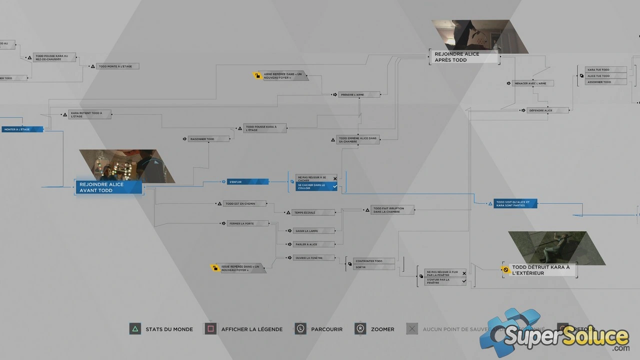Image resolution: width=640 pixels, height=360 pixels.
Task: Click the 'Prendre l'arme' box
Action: tap(359, 94)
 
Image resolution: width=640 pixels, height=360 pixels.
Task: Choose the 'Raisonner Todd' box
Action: tap(209, 139)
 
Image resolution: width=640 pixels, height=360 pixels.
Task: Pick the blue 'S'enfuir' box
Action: tap(247, 182)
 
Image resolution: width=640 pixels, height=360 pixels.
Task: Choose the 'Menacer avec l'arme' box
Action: tap(533, 83)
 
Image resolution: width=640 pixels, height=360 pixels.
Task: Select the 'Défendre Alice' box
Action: tap(547, 110)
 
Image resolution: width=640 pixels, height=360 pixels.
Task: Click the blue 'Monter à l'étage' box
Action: tap(22, 129)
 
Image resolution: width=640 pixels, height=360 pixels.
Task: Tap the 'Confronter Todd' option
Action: tap(373, 261)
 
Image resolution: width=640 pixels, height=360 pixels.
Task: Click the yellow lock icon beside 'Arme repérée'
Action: tap(257, 76)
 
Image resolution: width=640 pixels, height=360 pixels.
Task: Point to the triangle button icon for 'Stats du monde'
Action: tap(135, 329)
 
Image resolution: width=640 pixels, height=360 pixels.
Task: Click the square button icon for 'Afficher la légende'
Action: tap(210, 329)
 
